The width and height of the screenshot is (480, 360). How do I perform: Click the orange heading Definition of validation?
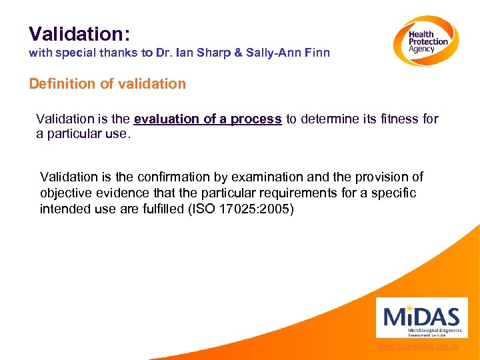coord(107,84)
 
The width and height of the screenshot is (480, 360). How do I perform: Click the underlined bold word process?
coord(256,119)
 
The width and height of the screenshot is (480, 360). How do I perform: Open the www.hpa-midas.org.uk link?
coord(418,346)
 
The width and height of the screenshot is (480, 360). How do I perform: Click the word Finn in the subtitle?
coord(317,53)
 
